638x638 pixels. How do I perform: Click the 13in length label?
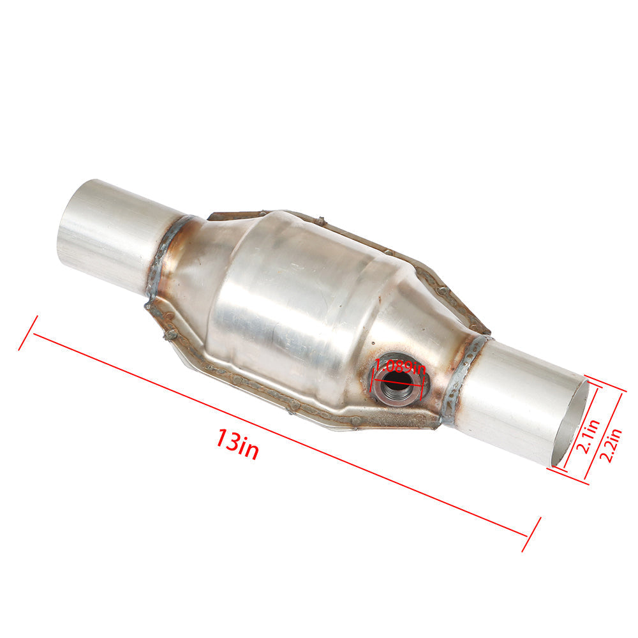coord(237,444)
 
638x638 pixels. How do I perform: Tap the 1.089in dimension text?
coord(399,367)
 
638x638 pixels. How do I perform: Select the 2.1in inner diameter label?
coord(589,435)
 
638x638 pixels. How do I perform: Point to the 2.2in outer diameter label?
coord(612,445)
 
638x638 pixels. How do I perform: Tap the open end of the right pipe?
coord(570,423)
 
